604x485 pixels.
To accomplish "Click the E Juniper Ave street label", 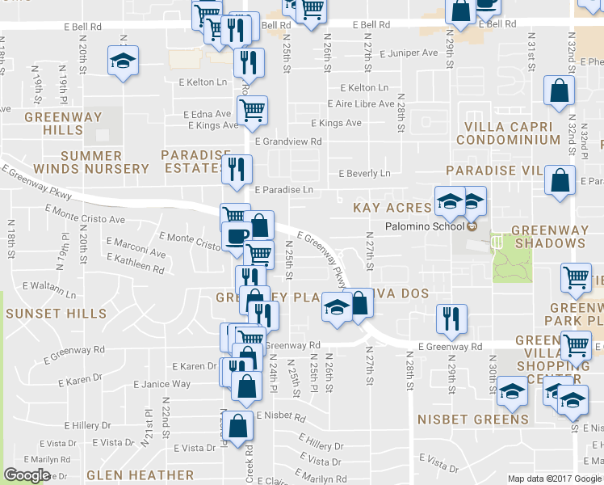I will click(x=409, y=53).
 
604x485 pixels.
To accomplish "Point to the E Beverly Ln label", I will click(x=364, y=174).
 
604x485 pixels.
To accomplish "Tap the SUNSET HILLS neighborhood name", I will click(x=55, y=313).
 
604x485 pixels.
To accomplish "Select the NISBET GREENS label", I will click(x=473, y=419).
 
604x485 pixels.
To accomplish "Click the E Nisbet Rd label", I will click(x=280, y=418).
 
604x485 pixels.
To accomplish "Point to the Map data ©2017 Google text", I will click(x=553, y=479).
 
